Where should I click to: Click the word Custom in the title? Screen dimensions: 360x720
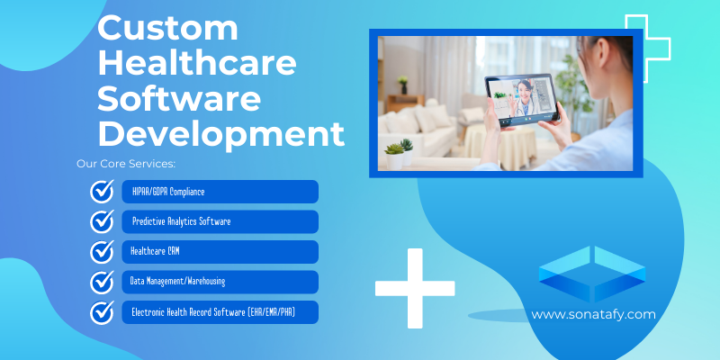tap(167, 29)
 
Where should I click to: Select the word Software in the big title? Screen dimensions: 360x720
tap(178, 99)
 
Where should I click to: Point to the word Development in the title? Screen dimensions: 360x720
tap(220, 134)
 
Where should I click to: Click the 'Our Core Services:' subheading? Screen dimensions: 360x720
tap(126, 165)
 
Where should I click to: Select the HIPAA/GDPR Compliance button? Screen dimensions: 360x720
tap(220, 192)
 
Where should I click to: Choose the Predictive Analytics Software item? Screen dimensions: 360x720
tap(220, 221)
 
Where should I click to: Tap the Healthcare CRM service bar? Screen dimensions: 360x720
tap(220, 251)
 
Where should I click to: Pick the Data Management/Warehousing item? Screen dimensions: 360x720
tap(220, 282)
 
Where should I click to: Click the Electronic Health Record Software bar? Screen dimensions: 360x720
tap(220, 312)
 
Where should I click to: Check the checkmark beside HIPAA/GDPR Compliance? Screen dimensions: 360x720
tap(102, 192)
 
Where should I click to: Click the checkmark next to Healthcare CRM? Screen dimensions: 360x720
tap(102, 252)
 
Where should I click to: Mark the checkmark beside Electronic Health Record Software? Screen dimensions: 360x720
tap(102, 312)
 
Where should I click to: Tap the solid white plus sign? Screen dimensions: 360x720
tap(415, 287)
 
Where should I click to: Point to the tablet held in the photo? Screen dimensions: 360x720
tap(523, 99)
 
